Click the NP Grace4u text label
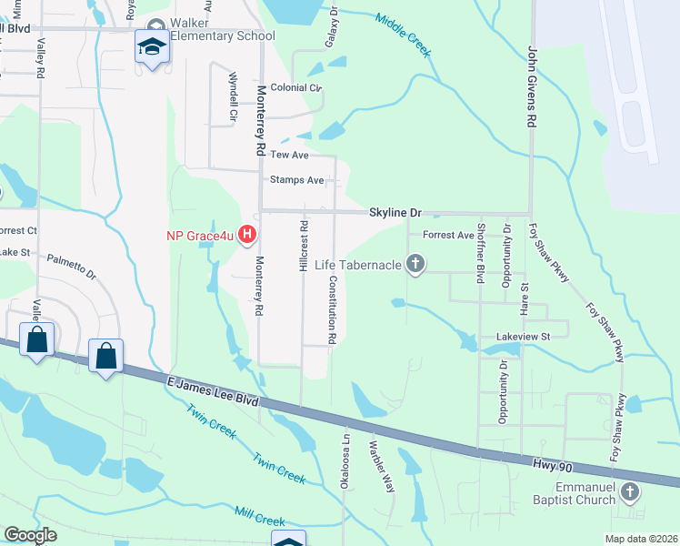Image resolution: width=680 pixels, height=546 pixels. click(199, 236)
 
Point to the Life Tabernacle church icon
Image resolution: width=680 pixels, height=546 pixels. click(415, 265)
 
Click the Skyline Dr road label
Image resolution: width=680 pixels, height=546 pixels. click(395, 212)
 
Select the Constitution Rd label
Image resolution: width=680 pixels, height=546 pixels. click(333, 309)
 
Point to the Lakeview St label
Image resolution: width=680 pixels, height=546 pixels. click(523, 336)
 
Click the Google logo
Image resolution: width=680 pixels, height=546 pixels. click(30, 535)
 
